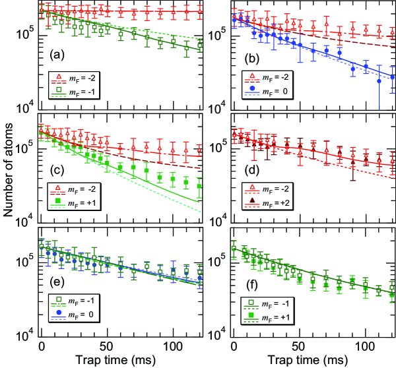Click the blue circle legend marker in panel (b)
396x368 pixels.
(251, 87)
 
